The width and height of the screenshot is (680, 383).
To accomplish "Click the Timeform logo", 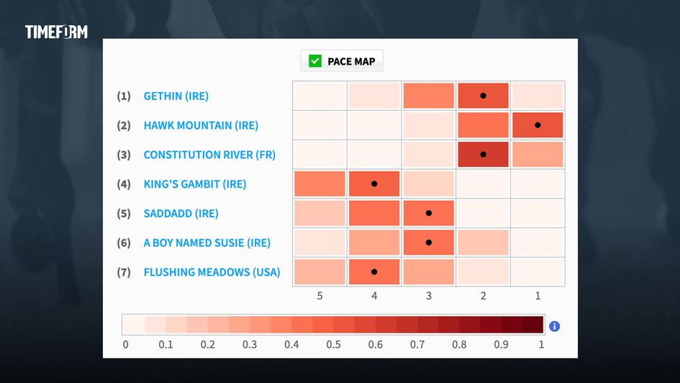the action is pos(56,32).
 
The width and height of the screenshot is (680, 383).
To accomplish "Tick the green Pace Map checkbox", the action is pos(315,61).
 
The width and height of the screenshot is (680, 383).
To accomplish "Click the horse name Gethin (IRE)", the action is pos(176,96).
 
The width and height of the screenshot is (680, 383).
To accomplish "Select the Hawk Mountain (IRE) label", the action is pos(201,125).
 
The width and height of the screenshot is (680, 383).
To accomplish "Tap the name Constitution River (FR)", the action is pos(209,155).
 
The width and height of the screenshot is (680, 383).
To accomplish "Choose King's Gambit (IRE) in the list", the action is pos(195,184).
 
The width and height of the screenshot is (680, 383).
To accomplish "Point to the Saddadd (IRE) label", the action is pos(181,213).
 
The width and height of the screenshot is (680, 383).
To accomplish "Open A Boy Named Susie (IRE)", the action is pos(207,243).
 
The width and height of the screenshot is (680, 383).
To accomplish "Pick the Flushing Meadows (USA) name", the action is pos(212,272).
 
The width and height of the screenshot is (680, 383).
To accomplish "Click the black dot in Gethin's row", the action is pos(483,96).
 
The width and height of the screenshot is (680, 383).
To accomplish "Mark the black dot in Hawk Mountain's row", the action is pos(538,125).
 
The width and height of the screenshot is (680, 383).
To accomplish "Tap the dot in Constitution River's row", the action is pos(483,154).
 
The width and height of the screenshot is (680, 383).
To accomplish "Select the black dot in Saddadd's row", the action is pos(428,213).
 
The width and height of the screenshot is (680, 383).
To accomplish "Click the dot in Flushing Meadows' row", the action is pos(374,272).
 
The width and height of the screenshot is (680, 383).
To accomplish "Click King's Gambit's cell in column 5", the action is pos(319,184).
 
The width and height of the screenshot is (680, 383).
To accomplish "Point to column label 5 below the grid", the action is pos(319,296).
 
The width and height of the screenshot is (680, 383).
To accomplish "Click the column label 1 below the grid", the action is pos(538,296).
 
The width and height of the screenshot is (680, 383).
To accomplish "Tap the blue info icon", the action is pos(554,326).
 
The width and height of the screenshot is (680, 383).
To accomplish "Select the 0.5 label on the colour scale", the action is pos(333,344).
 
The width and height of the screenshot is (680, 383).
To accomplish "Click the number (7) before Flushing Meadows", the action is pos(124,272).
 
